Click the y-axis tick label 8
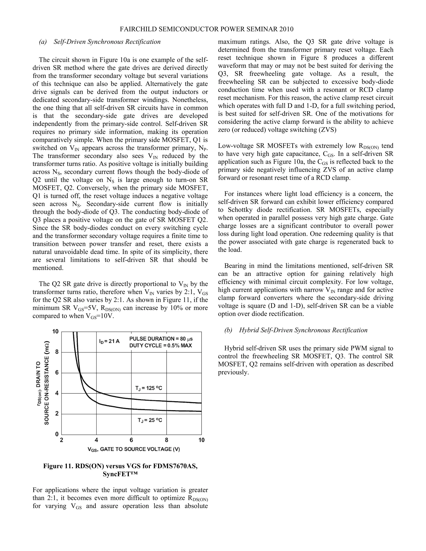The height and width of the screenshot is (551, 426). click(x=57, y=352)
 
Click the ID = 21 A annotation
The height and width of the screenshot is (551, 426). click(x=109, y=341)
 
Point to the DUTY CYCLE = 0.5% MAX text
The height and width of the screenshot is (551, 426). click(x=161, y=346)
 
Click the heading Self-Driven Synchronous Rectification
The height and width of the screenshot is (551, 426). click(x=107, y=42)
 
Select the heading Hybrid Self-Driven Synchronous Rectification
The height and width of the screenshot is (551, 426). click(x=303, y=330)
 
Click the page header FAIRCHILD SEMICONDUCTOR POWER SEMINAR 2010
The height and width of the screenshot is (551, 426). click(x=206, y=29)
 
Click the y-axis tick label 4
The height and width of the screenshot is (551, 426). click(x=57, y=393)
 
